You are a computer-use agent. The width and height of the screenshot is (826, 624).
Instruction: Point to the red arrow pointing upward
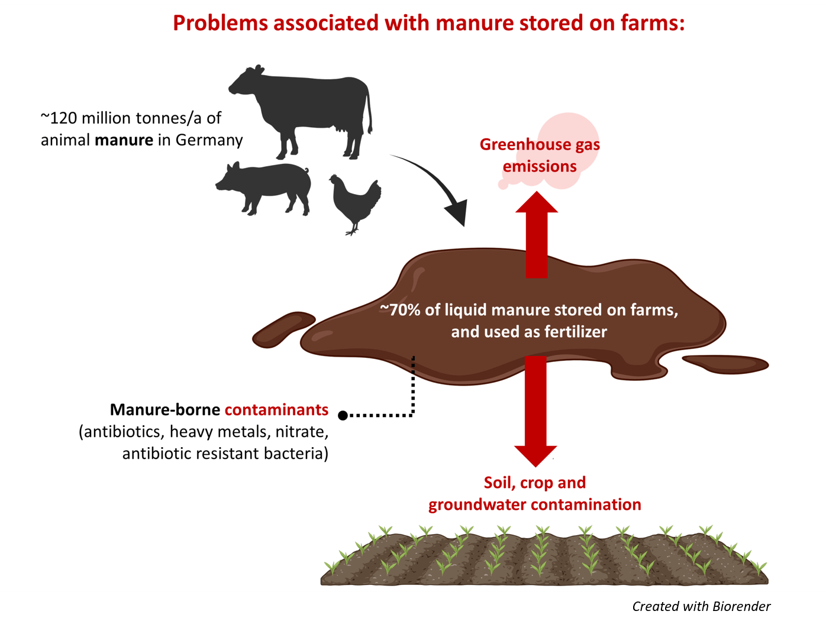point(537,237)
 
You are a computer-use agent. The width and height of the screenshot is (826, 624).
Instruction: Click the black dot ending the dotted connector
point(343,415)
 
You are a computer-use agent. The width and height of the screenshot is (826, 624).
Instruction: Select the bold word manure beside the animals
point(124,140)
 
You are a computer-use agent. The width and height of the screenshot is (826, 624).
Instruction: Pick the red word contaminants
point(276,410)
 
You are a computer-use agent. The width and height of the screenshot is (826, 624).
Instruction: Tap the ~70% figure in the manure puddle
point(400,310)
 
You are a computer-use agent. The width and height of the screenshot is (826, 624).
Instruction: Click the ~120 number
point(59,118)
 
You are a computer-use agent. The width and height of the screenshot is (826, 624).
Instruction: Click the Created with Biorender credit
point(701,607)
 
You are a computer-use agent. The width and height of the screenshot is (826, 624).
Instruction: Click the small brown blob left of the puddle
point(283,329)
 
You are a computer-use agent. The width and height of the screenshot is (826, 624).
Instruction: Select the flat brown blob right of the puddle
point(727,364)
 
